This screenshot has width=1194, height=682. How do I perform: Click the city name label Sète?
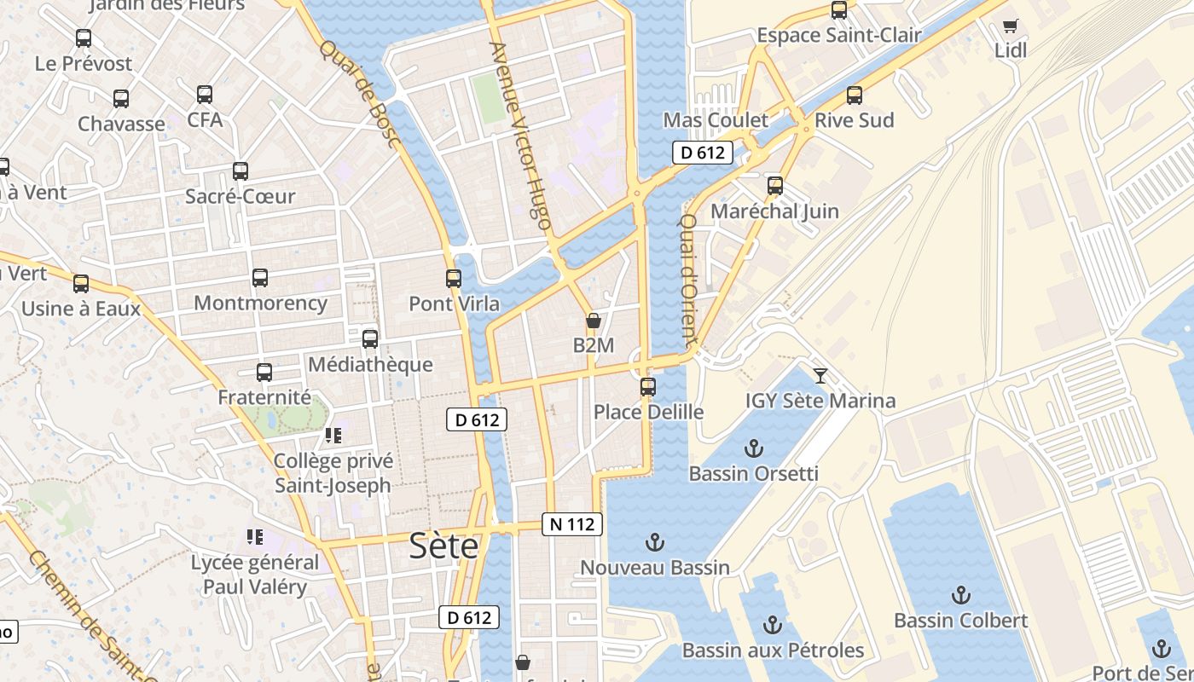pos(443,546)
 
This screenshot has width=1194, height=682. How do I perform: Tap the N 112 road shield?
pos(572,524)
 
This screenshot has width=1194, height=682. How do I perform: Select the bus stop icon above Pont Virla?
pos(454,279)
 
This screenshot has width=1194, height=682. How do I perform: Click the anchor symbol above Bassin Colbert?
pos(961,595)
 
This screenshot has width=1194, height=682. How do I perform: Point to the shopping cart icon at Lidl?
pos(1011,26)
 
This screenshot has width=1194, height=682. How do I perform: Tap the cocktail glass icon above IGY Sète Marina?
pos(820,375)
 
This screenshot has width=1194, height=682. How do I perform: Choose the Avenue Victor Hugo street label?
pos(520,136)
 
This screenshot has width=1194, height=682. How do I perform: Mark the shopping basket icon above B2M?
pos(594,321)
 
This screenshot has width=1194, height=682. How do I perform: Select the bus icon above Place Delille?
pos(648,387)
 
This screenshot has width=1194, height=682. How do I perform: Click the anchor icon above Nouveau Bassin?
pos(654,542)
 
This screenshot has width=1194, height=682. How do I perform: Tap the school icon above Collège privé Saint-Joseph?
pos(333,436)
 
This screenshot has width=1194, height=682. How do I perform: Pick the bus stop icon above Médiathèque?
pos(370,339)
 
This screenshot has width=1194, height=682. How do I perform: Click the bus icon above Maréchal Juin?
pos(774,186)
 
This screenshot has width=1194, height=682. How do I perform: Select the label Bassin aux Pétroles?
pos(773,650)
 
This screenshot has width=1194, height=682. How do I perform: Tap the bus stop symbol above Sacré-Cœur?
pos(241,171)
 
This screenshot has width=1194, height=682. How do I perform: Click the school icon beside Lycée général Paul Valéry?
pos(254,537)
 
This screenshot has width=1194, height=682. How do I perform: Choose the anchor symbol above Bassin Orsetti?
pos(753,448)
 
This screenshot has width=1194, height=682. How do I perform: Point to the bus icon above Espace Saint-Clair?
pos(839,10)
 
